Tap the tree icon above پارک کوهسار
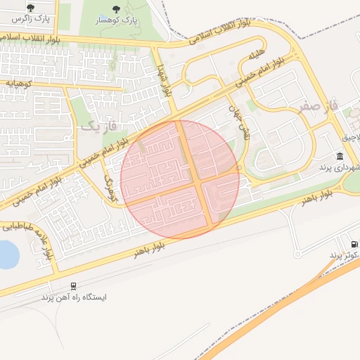(x=116, y=9)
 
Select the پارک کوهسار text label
(x=116, y=22)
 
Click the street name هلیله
(x=255, y=55)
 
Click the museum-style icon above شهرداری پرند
(x=340, y=156)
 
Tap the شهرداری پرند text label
(x=340, y=167)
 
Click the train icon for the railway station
(x=74, y=285)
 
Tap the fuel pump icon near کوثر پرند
(x=354, y=243)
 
